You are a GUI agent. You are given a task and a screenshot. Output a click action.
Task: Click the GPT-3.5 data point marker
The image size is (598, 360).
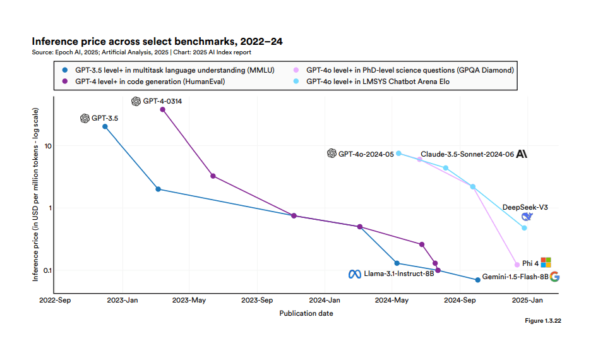(105, 126)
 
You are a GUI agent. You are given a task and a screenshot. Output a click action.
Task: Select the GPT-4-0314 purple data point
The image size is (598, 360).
(162, 109)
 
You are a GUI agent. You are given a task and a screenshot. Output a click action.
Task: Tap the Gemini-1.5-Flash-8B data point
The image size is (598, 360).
(477, 280)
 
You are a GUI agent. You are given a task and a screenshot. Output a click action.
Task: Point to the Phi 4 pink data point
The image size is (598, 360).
(517, 265)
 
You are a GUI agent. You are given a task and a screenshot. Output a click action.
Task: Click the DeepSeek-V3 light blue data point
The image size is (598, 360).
(524, 228)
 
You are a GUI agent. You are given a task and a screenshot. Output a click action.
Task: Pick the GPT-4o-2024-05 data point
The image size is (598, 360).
(398, 153)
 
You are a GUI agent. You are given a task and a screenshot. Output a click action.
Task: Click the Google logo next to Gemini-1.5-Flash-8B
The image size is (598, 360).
(555, 277)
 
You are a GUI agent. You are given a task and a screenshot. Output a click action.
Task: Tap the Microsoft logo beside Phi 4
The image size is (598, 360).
(546, 262)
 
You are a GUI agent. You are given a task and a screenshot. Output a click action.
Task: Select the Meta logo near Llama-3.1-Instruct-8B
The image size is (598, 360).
(355, 274)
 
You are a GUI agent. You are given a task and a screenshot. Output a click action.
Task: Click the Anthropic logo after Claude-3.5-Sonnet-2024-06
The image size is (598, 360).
(522, 154)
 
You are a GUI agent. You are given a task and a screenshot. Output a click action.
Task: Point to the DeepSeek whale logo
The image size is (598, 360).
(527, 217)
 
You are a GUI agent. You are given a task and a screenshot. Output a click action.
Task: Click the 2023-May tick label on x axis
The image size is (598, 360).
(189, 300)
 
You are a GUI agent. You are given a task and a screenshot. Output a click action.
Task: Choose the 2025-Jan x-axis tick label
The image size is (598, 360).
(527, 300)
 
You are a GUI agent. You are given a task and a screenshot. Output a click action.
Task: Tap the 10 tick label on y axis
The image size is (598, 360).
(47, 146)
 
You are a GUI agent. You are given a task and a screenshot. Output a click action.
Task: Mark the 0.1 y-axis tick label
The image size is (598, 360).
(47, 270)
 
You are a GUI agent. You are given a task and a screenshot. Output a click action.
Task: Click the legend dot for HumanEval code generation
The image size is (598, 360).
(65, 81)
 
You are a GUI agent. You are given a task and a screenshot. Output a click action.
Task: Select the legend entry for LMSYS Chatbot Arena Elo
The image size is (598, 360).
(378, 81)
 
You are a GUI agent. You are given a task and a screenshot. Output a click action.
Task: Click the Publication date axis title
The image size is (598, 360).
(306, 313)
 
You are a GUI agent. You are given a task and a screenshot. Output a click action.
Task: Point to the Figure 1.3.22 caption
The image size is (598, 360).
(542, 321)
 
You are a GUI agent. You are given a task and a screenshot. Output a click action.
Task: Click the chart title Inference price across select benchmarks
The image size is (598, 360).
(157, 41)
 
